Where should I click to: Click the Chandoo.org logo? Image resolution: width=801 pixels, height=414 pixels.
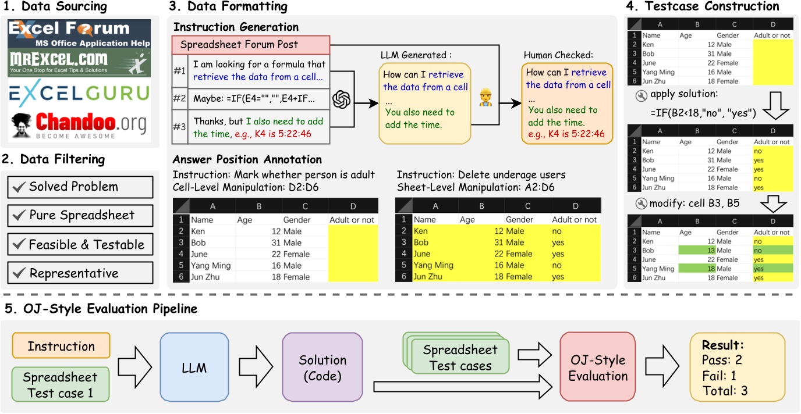[79, 125]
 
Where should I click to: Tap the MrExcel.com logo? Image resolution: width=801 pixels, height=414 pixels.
[79, 63]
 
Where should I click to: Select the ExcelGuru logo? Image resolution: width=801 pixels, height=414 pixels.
[79, 94]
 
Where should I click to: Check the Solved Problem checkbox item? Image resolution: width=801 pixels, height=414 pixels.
[80, 187]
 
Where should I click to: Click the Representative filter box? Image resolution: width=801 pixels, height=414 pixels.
[80, 273]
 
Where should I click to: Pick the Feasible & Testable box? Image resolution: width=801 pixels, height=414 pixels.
[80, 244]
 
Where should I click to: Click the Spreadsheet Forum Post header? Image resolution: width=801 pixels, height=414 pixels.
[251, 45]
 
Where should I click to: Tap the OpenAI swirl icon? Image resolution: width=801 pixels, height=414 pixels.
[342, 99]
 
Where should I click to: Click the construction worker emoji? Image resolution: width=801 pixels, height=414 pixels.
[485, 98]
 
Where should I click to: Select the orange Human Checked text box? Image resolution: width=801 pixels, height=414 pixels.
[567, 103]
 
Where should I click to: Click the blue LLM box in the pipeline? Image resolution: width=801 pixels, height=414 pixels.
[194, 367]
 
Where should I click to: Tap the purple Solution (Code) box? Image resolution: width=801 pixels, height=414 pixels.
[322, 367]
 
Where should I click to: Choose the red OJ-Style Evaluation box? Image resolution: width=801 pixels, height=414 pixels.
[597, 367]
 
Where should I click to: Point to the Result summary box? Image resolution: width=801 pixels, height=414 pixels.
[738, 367]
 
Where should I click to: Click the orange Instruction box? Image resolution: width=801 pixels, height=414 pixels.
[61, 345]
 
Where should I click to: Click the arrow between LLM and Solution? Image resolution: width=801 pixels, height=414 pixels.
[256, 367]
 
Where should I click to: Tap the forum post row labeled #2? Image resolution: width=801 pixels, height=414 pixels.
[251, 99]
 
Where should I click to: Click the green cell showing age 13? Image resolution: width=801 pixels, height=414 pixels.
[697, 251]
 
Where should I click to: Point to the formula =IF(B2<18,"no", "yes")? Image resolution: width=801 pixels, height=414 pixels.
[703, 113]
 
